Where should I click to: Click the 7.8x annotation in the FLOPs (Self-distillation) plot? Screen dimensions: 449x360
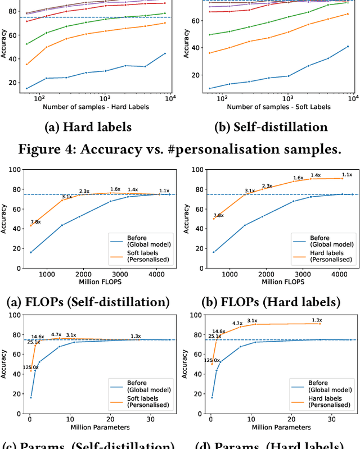[36, 222]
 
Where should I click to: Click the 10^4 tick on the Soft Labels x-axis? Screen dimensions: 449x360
[352, 97]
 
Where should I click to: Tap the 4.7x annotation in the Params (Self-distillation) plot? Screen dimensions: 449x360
[56, 334]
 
